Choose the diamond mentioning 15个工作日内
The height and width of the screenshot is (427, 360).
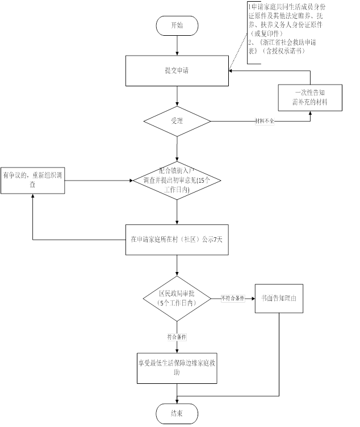pos(177,181)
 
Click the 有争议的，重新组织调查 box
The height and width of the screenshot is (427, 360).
pos(33,181)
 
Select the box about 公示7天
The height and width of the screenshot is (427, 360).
pos(177,240)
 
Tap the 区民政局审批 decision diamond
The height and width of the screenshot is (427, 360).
pos(177,299)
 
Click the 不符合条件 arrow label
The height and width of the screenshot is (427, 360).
pos(233,299)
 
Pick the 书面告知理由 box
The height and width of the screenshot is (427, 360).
pos(279,298)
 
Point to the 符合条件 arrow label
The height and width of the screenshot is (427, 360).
pos(177,337)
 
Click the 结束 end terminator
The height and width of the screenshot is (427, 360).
pos(177,413)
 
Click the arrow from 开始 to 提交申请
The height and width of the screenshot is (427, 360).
pos(177,46)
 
